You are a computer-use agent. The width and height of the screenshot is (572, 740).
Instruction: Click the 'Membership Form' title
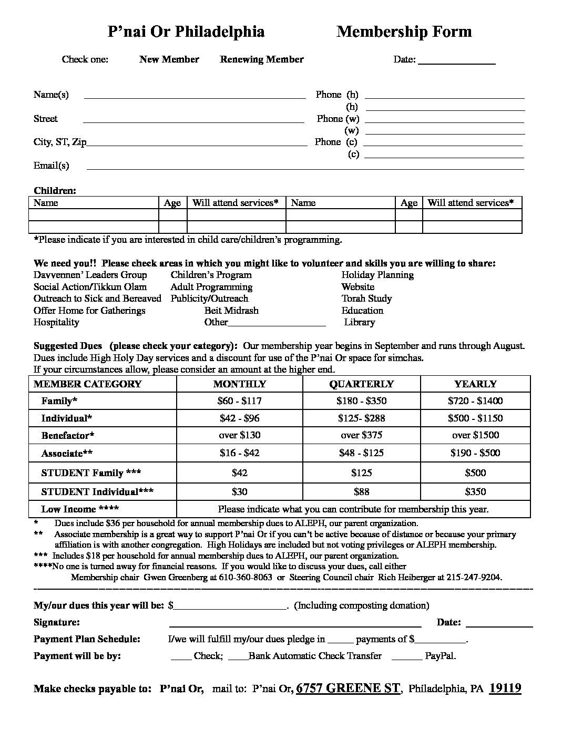404,32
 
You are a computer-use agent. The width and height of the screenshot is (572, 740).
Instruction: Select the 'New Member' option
169,59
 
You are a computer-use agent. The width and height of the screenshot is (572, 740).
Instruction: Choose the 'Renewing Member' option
261,59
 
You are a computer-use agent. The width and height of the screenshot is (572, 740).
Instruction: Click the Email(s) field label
51,166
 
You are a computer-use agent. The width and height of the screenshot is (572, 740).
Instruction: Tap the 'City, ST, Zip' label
60,142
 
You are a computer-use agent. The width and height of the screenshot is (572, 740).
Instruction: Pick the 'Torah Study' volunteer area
366,299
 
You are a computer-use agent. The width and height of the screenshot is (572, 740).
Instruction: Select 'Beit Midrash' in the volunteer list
231,311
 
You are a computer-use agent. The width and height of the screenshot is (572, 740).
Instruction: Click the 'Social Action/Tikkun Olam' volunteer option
90,287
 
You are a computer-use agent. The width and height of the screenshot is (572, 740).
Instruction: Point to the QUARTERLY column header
361,384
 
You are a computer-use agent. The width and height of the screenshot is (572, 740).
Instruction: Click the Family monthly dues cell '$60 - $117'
239,401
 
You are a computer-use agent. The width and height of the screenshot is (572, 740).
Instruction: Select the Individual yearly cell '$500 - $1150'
475,418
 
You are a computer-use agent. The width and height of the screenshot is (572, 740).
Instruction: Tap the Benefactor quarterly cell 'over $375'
361,435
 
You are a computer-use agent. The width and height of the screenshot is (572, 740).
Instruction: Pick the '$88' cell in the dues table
361,492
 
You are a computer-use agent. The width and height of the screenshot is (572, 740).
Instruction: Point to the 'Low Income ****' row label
80,509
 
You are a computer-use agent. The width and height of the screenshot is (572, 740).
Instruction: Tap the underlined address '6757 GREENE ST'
348,688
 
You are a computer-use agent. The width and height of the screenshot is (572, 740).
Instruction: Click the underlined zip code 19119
505,688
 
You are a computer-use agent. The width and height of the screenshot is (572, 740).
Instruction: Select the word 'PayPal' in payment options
440,656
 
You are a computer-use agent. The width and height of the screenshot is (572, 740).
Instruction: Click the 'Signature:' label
57,622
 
